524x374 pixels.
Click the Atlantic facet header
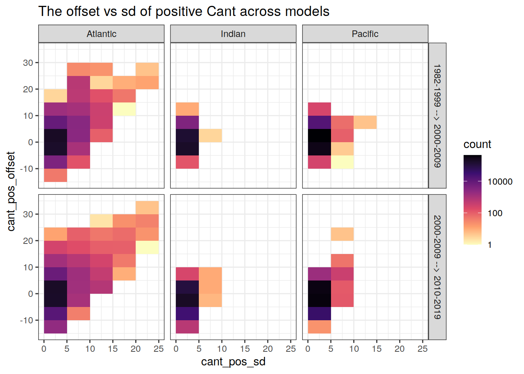click(x=101, y=34)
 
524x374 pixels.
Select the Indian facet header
click(x=233, y=34)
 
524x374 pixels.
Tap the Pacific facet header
click(x=365, y=34)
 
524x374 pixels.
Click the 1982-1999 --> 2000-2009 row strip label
click(x=437, y=116)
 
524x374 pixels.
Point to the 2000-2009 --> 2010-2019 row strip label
click(x=437, y=267)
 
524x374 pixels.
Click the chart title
click(x=184, y=11)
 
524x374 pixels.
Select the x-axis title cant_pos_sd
click(x=233, y=362)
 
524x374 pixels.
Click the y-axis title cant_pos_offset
click(x=11, y=191)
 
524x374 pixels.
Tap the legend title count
click(x=477, y=144)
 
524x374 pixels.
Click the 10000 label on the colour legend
click(x=500, y=182)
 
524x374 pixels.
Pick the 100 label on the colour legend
click(x=495, y=213)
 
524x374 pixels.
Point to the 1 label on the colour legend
click(x=490, y=245)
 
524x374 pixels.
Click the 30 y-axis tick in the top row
click(x=28, y=63)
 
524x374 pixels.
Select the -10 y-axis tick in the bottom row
click(x=26, y=320)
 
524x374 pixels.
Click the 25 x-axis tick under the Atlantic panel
click(x=159, y=349)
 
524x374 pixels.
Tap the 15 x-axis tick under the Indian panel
click(x=245, y=349)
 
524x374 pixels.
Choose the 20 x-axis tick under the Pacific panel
click(x=400, y=349)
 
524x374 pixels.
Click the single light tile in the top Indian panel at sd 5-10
click(x=211, y=136)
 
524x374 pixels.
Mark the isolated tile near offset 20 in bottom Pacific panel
click(x=342, y=234)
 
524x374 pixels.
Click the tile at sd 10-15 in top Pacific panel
click(x=365, y=122)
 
